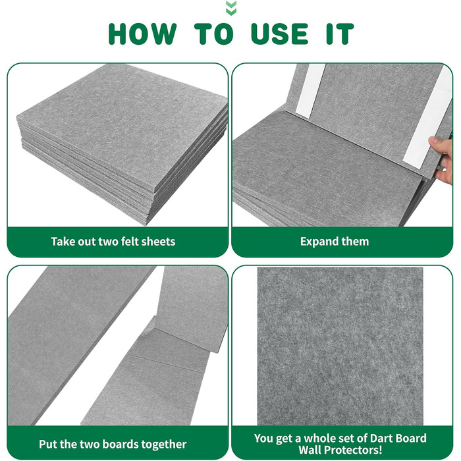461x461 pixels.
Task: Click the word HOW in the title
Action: tap(143, 34)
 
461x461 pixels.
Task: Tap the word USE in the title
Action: tap(280, 34)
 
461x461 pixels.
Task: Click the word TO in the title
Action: tap(214, 34)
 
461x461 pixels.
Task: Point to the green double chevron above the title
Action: tap(231, 8)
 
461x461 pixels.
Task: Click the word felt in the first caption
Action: tap(132, 242)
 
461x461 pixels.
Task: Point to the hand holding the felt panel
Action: tap(443, 160)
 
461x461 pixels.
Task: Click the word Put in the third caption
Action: tap(48, 444)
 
